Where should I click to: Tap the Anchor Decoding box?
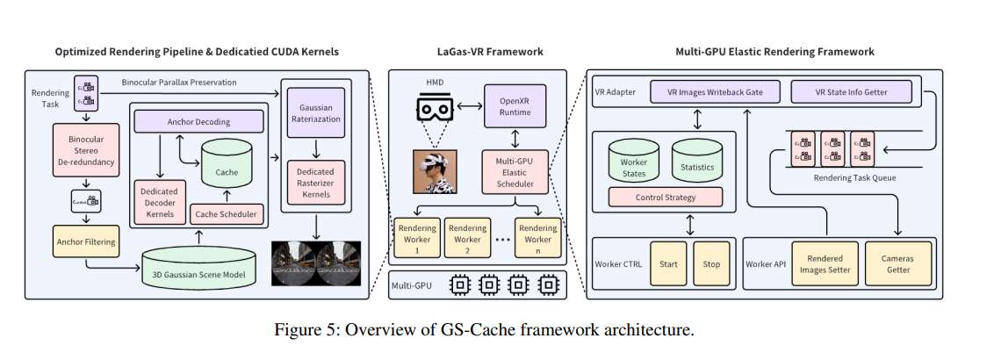pos(198,122)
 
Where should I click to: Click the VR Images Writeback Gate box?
pos(716,91)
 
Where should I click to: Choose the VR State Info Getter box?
pos(852,91)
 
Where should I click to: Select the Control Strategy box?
pos(666,197)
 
